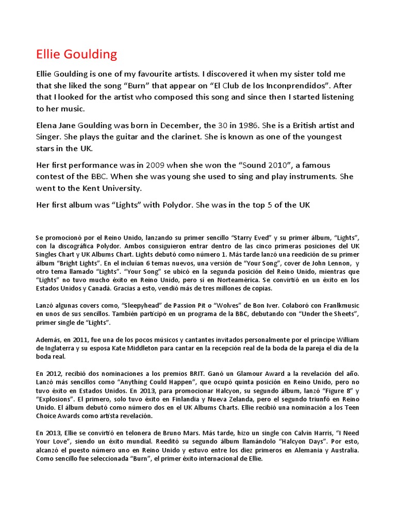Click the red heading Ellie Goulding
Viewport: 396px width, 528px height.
point(77,54)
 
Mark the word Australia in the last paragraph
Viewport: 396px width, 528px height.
point(341,449)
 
